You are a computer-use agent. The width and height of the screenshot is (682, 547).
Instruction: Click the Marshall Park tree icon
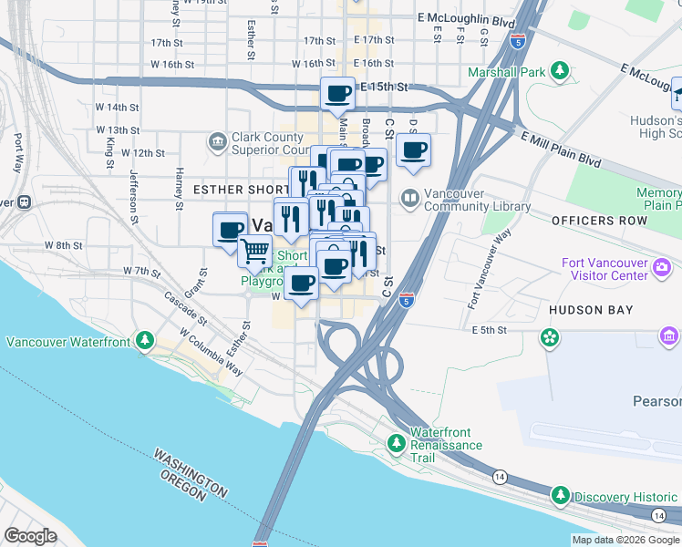[x=559, y=70]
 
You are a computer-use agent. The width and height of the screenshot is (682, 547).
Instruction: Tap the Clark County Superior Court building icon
[x=218, y=141]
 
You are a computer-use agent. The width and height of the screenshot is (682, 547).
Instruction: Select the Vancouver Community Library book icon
[x=410, y=197]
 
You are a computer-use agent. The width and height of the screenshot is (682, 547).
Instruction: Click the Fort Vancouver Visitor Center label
[x=605, y=271]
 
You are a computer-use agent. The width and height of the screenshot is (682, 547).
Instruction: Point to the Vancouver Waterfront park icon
[x=143, y=341]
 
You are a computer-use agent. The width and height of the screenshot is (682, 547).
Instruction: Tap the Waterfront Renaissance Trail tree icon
[x=396, y=443]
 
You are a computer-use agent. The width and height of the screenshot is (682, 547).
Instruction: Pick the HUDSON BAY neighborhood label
[x=591, y=310]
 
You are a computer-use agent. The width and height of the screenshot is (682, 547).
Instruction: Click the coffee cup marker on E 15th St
[x=338, y=92]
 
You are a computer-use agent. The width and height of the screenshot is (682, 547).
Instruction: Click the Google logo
[x=31, y=536]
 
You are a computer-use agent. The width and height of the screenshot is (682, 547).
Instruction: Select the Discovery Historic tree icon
[x=562, y=496]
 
